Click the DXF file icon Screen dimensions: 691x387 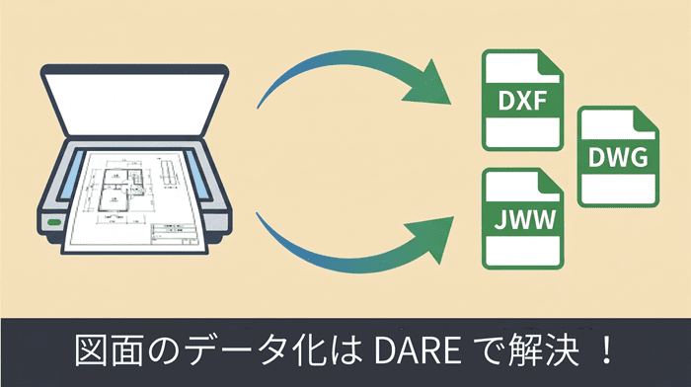522,100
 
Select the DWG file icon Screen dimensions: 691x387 618,156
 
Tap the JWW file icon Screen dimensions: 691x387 522,218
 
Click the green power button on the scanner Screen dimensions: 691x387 53,222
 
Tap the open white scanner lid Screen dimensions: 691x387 135,101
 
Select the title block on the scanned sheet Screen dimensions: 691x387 174,234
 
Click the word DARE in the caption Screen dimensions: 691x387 418,351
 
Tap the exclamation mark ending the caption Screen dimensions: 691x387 607,350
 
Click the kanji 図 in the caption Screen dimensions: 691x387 91,351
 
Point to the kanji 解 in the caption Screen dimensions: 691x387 524,351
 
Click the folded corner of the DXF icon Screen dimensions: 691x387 551,64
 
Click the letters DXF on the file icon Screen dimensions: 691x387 522,101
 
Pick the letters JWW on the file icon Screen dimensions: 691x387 524,219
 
